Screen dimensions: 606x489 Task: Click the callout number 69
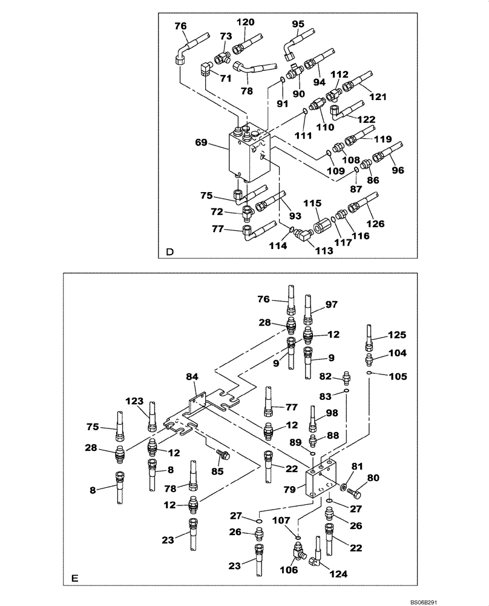(202, 143)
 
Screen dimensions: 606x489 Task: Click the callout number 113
(324, 250)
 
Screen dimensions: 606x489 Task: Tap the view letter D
(170, 252)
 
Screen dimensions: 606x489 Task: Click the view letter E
(74, 578)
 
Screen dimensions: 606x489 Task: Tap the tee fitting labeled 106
(298, 551)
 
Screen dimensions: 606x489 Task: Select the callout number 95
(298, 24)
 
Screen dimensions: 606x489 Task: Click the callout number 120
(244, 22)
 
